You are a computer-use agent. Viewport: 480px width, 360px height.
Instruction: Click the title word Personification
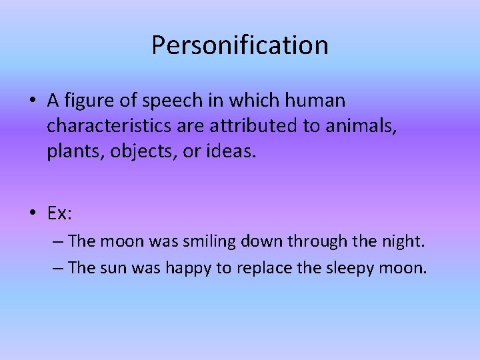pos(240,45)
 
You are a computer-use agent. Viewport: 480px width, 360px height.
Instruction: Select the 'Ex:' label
pos(60,213)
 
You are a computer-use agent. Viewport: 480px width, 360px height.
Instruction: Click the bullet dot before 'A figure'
pos(33,101)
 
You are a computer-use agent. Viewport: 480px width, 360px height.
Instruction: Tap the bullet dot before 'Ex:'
pos(33,213)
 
